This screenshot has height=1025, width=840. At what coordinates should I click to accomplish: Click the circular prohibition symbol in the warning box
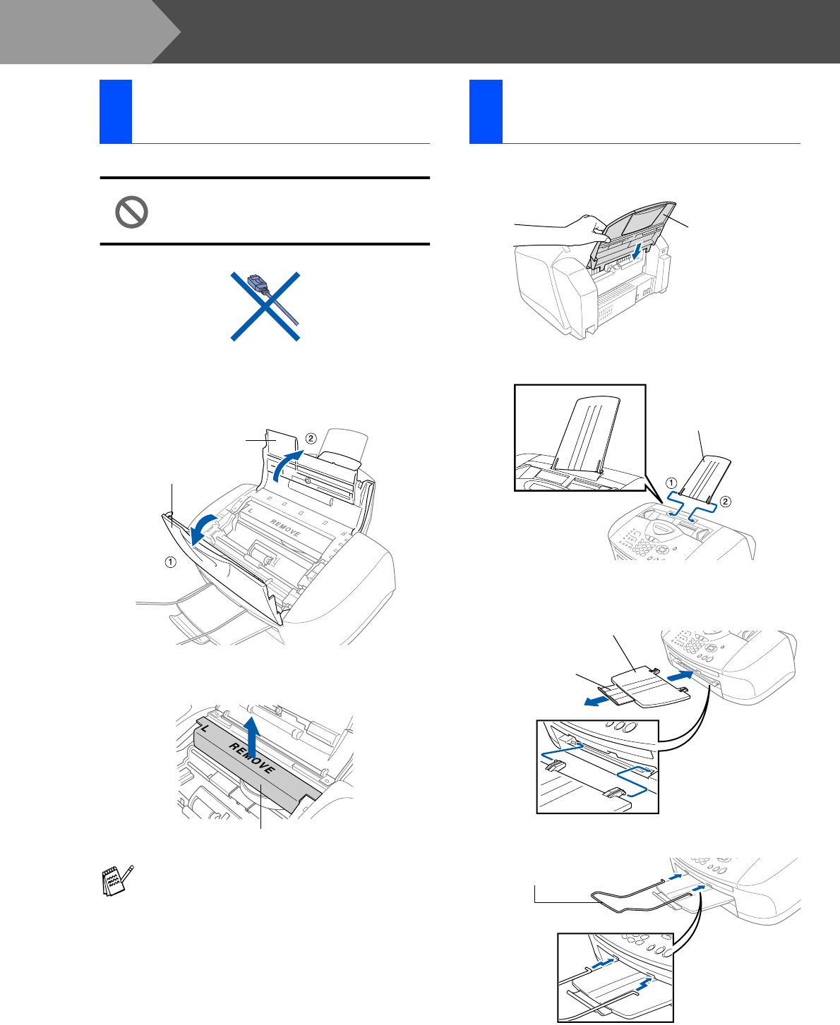pos(131,212)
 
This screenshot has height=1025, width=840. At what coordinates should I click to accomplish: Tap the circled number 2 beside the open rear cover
pos(309,438)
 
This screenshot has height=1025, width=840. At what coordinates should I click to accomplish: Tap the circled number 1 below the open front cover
pos(170,562)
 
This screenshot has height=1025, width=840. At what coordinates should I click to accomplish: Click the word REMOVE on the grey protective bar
pos(251,759)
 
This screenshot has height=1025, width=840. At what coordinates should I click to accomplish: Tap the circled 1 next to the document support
pos(672,483)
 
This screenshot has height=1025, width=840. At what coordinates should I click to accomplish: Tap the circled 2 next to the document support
pos(726,502)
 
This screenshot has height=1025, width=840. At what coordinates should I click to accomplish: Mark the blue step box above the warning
pos(116,111)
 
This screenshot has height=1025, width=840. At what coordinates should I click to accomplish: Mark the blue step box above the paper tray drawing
pos(486,111)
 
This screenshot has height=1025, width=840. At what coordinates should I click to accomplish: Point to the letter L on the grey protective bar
pos(205,724)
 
